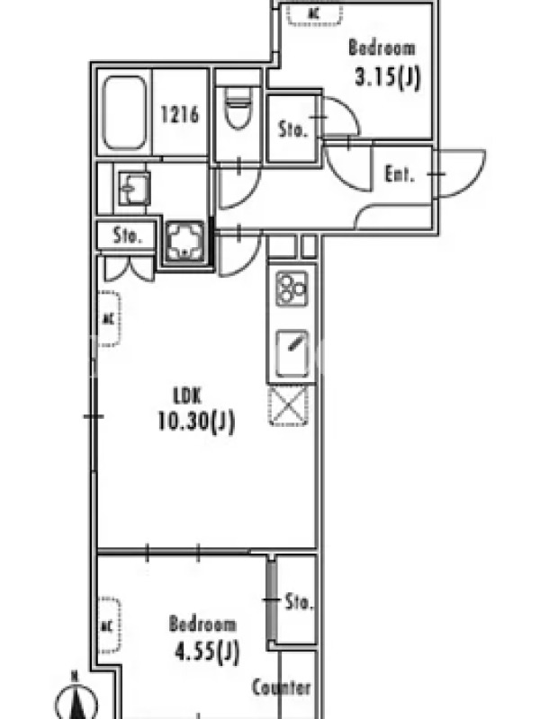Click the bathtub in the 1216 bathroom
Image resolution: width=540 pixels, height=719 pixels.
124,113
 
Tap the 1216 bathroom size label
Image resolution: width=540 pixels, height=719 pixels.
180,114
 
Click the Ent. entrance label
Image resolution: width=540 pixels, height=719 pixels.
400,173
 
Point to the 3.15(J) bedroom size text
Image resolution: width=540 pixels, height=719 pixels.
388,76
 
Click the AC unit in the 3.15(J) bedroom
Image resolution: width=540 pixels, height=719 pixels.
315,13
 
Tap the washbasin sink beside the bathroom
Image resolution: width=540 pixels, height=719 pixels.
134,188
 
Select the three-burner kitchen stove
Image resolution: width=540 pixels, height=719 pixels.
292,288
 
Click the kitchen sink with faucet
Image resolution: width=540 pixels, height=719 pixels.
292,353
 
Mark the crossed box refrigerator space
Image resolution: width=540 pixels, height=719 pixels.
288,406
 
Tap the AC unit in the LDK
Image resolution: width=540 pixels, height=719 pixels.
109,319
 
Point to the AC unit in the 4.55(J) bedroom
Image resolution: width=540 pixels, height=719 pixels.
109,626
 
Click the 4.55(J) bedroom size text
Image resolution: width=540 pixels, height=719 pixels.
207,650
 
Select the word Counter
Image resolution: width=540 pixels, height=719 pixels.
282,688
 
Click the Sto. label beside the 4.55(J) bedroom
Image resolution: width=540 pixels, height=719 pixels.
300,601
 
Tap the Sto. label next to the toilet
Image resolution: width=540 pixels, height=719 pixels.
292,129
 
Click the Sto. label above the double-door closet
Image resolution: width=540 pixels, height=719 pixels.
127,235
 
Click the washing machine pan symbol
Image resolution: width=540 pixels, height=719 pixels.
185,242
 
